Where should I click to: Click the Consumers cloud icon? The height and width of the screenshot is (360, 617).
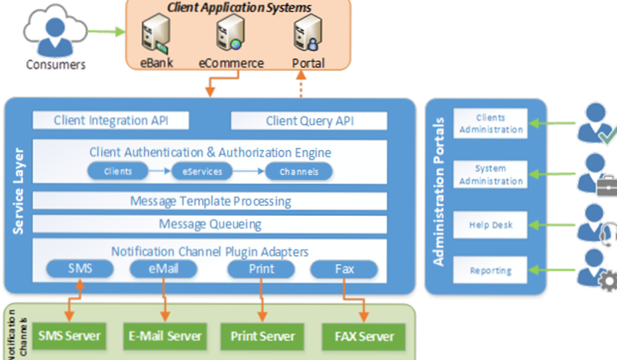pos(54,33)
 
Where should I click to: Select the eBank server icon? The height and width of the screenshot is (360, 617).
pos(156,36)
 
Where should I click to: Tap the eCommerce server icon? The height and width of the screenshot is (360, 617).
pos(231,36)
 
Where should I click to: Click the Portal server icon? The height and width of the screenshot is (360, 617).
pos(307,36)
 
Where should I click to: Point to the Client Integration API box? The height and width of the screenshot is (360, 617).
pos(111,121)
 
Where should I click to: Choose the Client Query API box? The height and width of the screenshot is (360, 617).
pos(309,121)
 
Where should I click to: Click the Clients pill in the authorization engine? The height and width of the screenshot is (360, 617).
pos(118,171)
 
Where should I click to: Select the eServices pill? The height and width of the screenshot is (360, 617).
pos(202,171)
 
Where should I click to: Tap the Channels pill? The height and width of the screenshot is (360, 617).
pos(299,171)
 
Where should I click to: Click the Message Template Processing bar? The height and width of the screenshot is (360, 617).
pos(210,201)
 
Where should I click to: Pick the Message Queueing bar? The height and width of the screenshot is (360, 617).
pos(210,224)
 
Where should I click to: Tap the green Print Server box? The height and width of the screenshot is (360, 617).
pos(261,335)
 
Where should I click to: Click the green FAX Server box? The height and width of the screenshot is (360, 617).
pos(358,335)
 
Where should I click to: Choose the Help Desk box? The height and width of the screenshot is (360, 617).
pos(490,225)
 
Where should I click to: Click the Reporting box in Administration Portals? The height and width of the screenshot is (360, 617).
pos(490,271)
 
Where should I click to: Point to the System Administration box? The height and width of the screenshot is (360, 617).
pos(490,175)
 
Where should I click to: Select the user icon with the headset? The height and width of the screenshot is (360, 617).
pos(596,222)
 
